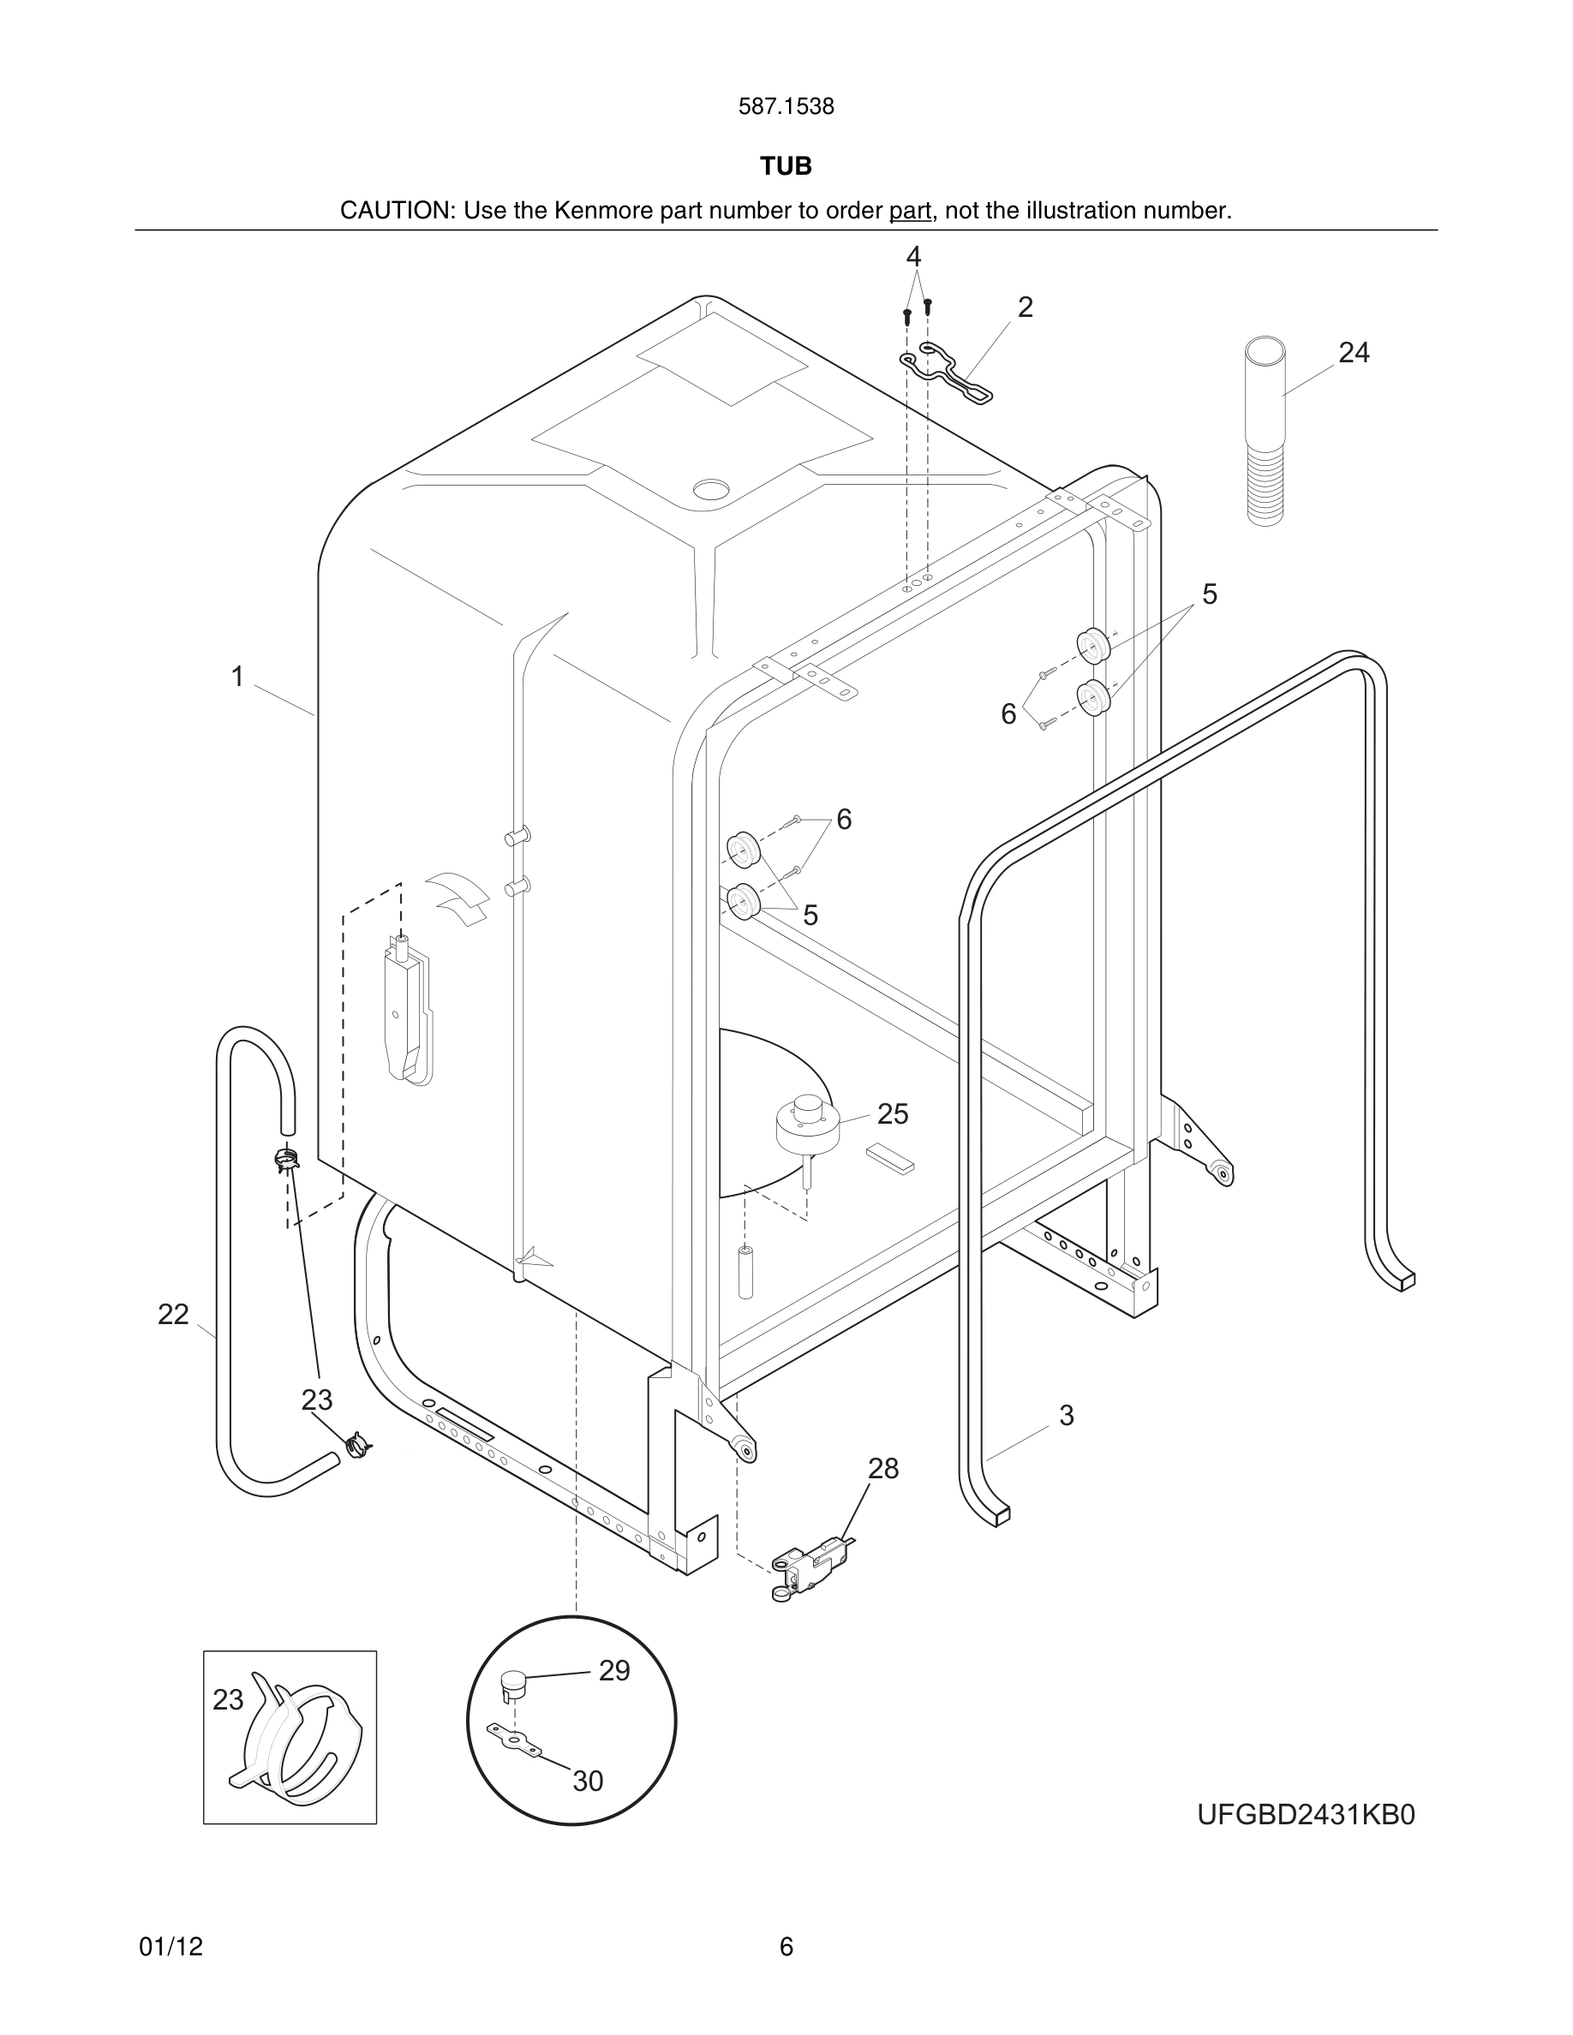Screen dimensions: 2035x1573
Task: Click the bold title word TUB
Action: pyautogui.click(x=786, y=166)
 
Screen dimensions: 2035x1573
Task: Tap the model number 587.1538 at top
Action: pyautogui.click(x=786, y=107)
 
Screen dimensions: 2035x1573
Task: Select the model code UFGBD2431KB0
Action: pyautogui.click(x=1306, y=1815)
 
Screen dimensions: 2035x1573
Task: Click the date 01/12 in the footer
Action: pyautogui.click(x=170, y=1947)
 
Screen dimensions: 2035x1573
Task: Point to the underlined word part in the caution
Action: pyautogui.click(x=910, y=212)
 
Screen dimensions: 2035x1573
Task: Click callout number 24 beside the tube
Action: pyautogui.click(x=1353, y=352)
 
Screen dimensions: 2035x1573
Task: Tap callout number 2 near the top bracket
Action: pyautogui.click(x=1025, y=307)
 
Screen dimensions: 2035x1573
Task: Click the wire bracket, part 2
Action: pyautogui.click(x=946, y=372)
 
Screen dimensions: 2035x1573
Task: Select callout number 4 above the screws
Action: pyautogui.click(x=913, y=256)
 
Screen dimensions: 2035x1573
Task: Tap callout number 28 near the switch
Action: pyautogui.click(x=882, y=1469)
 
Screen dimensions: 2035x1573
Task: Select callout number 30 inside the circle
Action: pyautogui.click(x=587, y=1781)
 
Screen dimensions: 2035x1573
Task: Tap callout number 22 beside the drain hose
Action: pyautogui.click(x=173, y=1315)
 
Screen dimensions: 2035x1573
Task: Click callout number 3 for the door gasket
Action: pyautogui.click(x=1066, y=1416)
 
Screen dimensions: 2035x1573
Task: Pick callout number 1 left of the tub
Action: pyautogui.click(x=237, y=677)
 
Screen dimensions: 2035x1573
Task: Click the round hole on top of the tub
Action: pyautogui.click(x=713, y=488)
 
